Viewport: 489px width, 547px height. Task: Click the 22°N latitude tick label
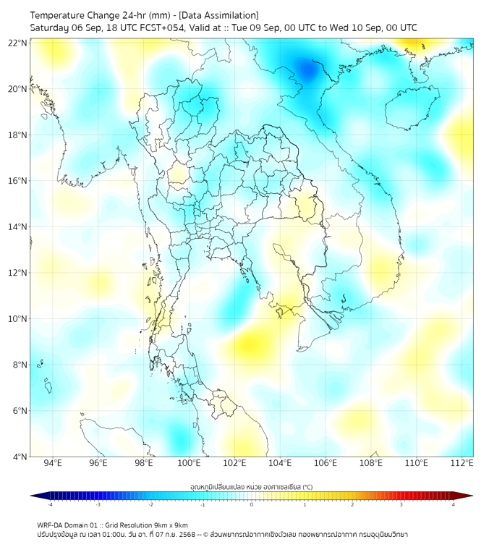point(17,43)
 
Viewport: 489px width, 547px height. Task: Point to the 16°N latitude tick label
point(17,181)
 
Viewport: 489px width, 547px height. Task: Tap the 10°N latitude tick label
point(17,319)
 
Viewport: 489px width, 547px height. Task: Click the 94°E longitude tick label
point(53,463)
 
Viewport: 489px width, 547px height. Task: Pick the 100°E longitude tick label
point(190,463)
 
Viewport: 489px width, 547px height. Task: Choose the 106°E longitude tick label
point(326,463)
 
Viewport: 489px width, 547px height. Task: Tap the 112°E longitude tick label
point(462,463)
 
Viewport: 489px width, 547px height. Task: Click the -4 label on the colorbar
point(50,504)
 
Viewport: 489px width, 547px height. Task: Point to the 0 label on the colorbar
point(252,504)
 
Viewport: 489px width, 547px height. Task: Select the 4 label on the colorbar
point(454,504)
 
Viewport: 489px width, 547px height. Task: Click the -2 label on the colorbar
point(150,504)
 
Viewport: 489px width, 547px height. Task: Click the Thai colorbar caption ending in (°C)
point(251,487)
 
